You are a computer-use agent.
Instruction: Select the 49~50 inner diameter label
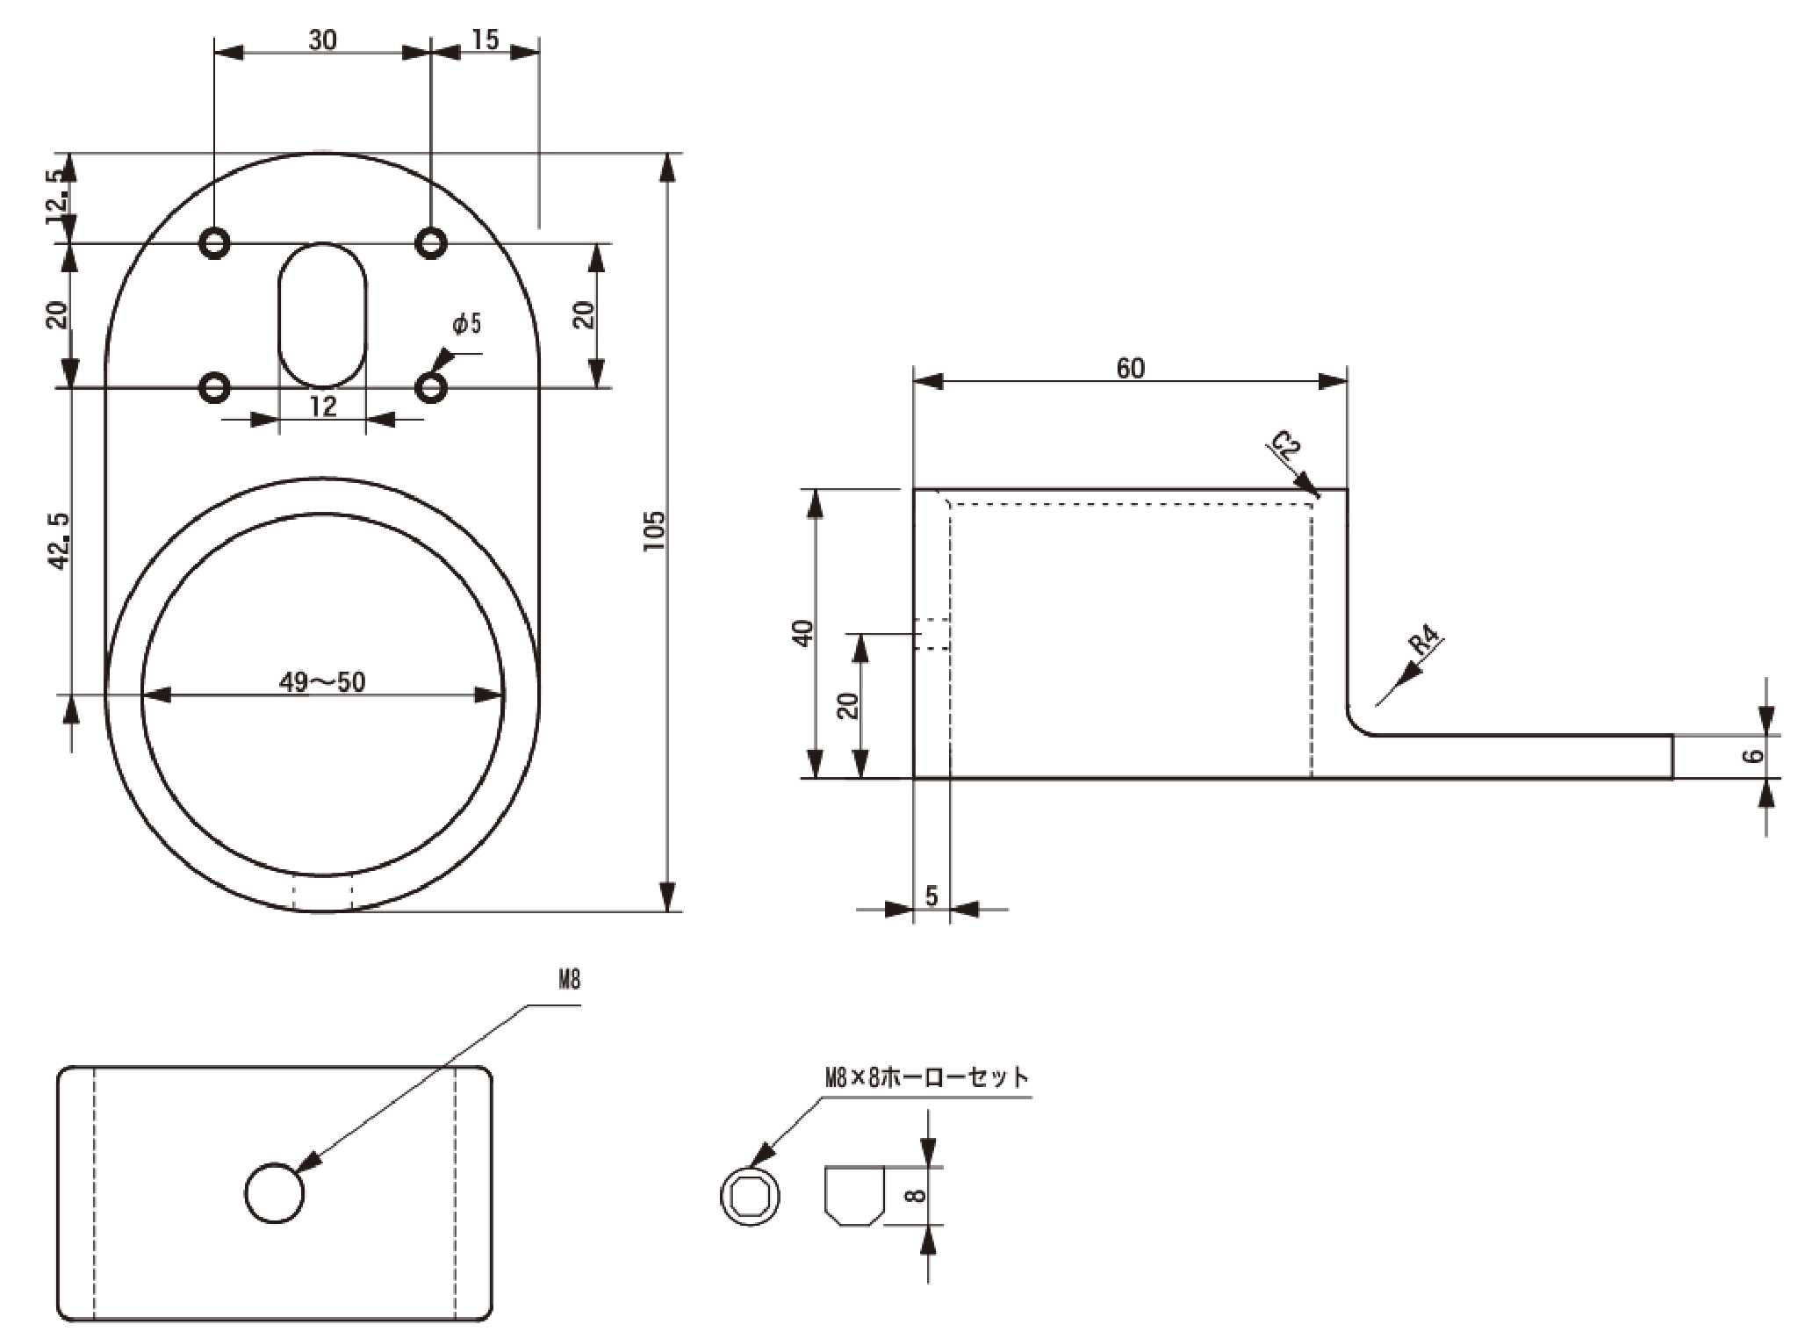(x=321, y=681)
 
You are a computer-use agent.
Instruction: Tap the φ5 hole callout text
(x=467, y=324)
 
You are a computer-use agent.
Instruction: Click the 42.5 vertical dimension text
(x=59, y=541)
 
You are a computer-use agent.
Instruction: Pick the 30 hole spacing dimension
(x=322, y=40)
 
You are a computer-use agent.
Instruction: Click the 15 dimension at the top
(x=485, y=40)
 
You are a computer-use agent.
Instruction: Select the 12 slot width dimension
(x=323, y=407)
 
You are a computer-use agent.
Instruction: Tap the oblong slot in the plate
(x=323, y=315)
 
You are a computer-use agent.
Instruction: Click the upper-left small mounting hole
(x=215, y=241)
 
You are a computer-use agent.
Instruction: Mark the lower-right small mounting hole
(x=430, y=387)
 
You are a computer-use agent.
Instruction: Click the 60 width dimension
(x=1130, y=368)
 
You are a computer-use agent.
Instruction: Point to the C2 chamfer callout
(x=1285, y=448)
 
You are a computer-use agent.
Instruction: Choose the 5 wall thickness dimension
(x=931, y=896)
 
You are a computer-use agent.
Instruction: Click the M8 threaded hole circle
(x=275, y=1192)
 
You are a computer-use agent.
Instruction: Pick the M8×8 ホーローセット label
(x=926, y=1077)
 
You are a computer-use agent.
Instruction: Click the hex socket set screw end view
(x=751, y=1195)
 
